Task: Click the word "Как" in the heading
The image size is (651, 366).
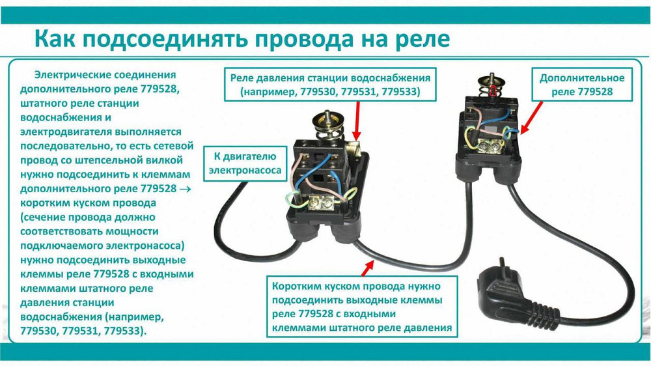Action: coord(53,39)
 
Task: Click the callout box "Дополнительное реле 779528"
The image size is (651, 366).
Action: coord(581,85)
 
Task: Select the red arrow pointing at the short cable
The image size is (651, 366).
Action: coord(368,265)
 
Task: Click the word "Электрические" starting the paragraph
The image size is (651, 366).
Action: coord(70,76)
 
